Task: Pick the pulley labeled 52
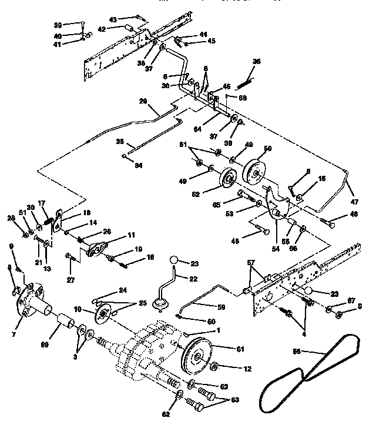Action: pyautogui.click(x=226, y=181)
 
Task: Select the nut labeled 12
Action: pyautogui.click(x=213, y=367)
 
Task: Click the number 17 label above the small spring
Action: pyautogui.click(x=42, y=204)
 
